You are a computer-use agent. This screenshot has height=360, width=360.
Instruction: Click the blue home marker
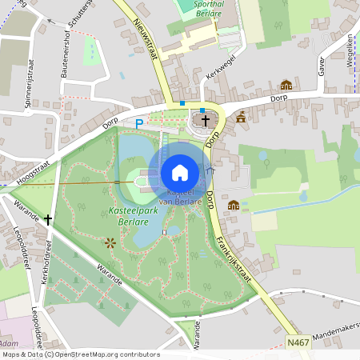[x=180, y=173]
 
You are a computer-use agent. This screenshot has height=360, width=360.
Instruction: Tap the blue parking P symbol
[x=138, y=124]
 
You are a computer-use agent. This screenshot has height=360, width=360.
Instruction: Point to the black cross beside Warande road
[x=48, y=218]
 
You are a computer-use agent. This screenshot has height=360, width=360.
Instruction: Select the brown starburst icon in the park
[x=110, y=241]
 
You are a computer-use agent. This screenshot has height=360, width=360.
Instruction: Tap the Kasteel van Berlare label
[x=181, y=198]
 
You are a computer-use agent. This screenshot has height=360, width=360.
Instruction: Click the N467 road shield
[x=298, y=342]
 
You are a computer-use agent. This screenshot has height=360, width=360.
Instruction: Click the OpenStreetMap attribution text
[x=80, y=354]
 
